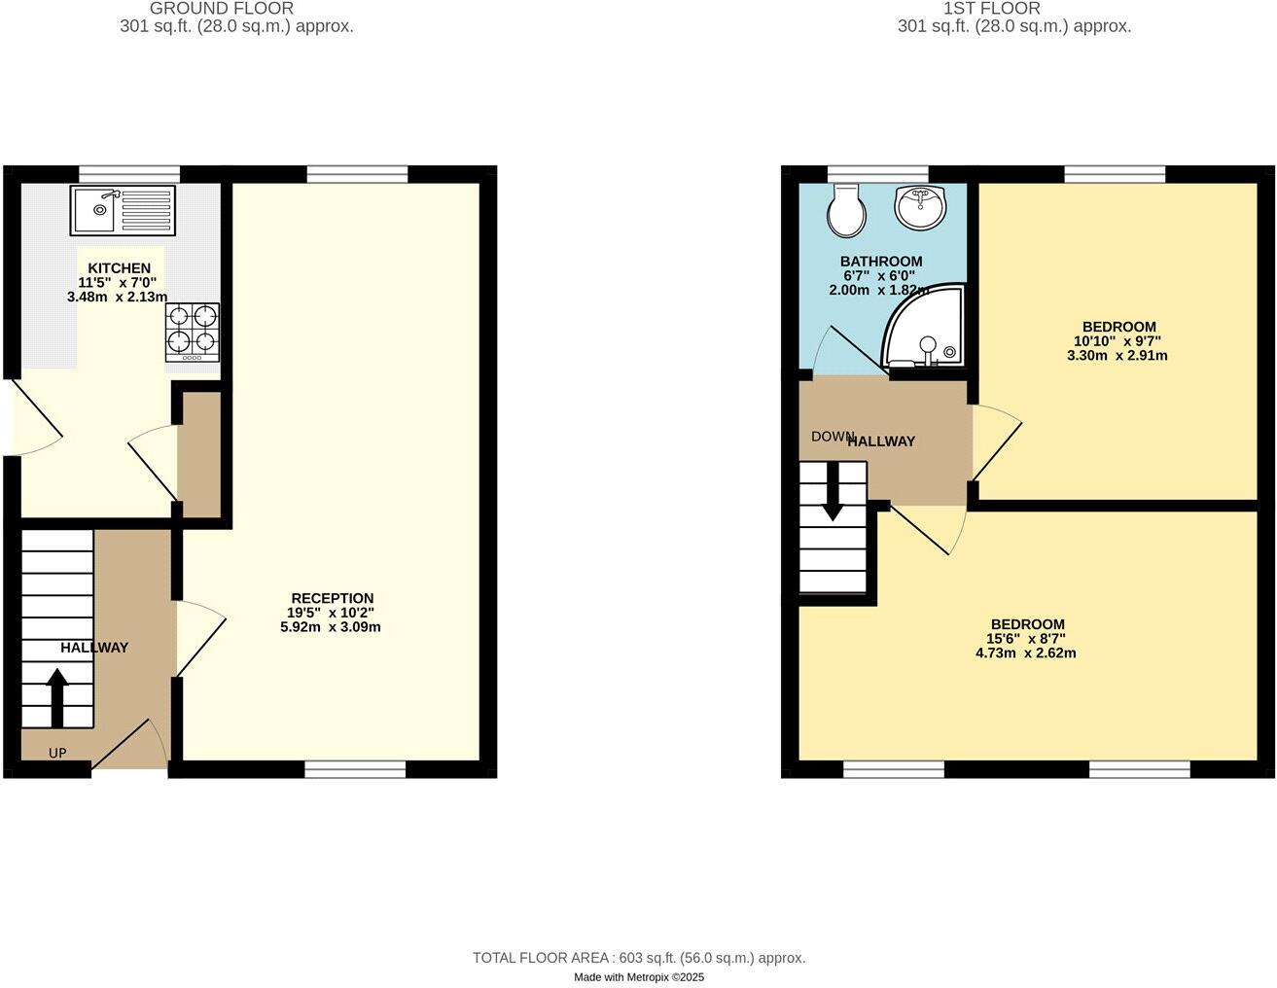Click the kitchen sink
click(123, 210)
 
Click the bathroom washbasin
click(918, 208)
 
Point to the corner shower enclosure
click(923, 330)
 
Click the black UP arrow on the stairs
click(56, 697)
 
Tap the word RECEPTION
click(332, 598)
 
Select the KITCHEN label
click(120, 268)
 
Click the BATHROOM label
click(881, 262)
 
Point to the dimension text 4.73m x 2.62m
click(1026, 653)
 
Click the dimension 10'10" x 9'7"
click(1117, 341)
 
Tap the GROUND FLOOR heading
click(222, 9)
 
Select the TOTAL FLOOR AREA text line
click(639, 958)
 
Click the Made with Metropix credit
click(639, 977)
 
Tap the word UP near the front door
click(57, 753)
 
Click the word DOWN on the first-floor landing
click(833, 437)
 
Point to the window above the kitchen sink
click(129, 174)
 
